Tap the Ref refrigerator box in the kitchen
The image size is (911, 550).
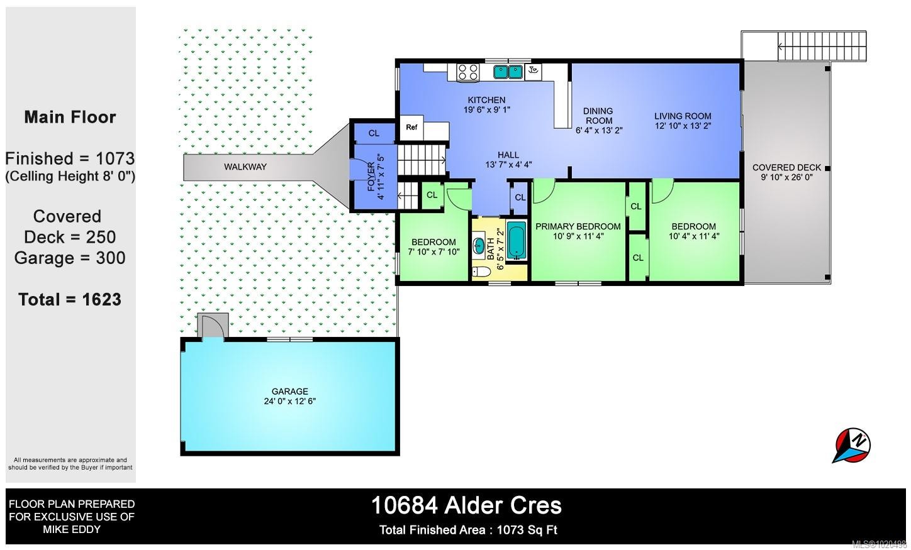(x=411, y=128)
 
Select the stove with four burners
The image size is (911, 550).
(x=467, y=72)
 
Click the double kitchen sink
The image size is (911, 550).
(x=508, y=72)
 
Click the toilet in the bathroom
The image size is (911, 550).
(x=481, y=272)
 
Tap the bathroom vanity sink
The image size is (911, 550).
(x=479, y=245)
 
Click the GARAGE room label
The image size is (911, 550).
(x=290, y=391)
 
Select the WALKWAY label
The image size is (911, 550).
(x=245, y=167)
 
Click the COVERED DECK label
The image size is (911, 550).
(x=786, y=167)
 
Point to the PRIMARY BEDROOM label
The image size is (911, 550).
(x=578, y=226)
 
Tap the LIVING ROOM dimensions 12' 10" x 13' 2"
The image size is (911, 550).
(x=683, y=126)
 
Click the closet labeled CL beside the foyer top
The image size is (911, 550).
(x=374, y=133)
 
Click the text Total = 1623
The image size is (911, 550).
(x=70, y=299)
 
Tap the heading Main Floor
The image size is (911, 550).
(x=70, y=118)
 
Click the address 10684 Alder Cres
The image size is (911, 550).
(x=466, y=505)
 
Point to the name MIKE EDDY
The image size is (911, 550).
(x=72, y=529)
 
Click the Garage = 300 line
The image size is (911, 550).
(x=70, y=258)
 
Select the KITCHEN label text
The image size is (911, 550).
(x=486, y=100)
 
